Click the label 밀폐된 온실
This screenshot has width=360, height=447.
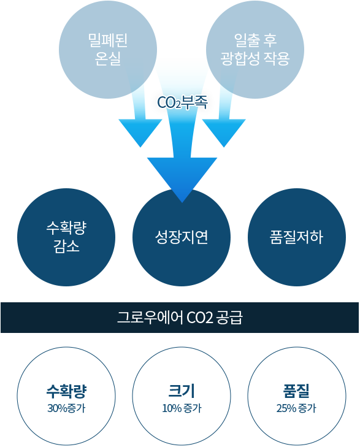point(108,50)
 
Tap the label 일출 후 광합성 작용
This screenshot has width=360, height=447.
point(255,50)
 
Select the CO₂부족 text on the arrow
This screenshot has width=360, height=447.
point(183,102)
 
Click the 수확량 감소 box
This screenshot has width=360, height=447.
point(66,237)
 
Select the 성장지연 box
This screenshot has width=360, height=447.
point(182,237)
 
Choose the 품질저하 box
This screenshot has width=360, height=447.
point(296,237)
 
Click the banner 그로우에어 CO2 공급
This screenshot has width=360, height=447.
point(180,318)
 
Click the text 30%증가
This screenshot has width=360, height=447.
point(66,408)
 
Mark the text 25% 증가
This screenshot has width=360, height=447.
point(296,408)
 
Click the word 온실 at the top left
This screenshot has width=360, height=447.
point(108,59)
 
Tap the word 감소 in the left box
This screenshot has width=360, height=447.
point(66,246)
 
